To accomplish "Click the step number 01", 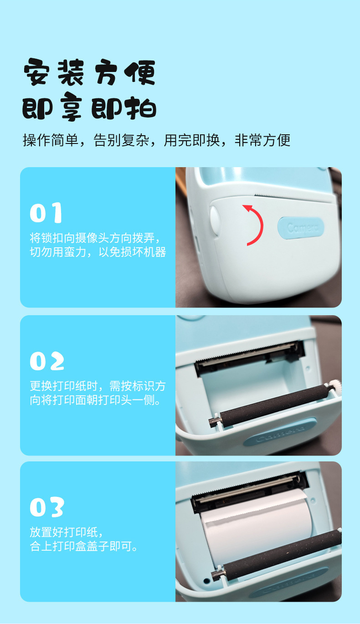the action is (x=46, y=213).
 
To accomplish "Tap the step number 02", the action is (x=47, y=361).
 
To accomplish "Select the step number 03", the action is (x=47, y=507).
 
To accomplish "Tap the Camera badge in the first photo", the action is (x=301, y=228).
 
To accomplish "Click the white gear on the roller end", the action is (x=336, y=386).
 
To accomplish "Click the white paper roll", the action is (x=257, y=529).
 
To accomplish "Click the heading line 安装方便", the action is (x=89, y=72).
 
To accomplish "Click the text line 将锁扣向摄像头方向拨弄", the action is (x=95, y=238).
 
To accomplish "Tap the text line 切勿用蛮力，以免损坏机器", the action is (x=98, y=252).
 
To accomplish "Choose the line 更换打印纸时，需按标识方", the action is (x=98, y=386).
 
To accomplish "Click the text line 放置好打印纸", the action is (x=67, y=532).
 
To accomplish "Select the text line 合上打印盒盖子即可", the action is (x=83, y=546).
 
